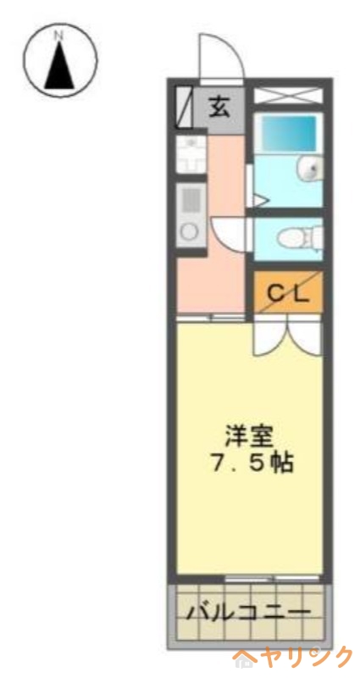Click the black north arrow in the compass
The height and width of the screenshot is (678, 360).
click(58, 68)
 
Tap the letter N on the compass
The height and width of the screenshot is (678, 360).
click(58, 36)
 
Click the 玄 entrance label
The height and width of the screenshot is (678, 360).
click(219, 108)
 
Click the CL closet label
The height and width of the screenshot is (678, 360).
click(289, 292)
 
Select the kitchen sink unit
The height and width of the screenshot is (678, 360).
click(191, 155)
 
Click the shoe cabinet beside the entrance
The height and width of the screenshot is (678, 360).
click(185, 108)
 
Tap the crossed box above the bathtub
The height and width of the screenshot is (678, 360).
click(288, 95)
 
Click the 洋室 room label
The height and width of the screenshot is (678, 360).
click(248, 437)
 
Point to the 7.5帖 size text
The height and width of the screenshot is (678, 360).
click(249, 464)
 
